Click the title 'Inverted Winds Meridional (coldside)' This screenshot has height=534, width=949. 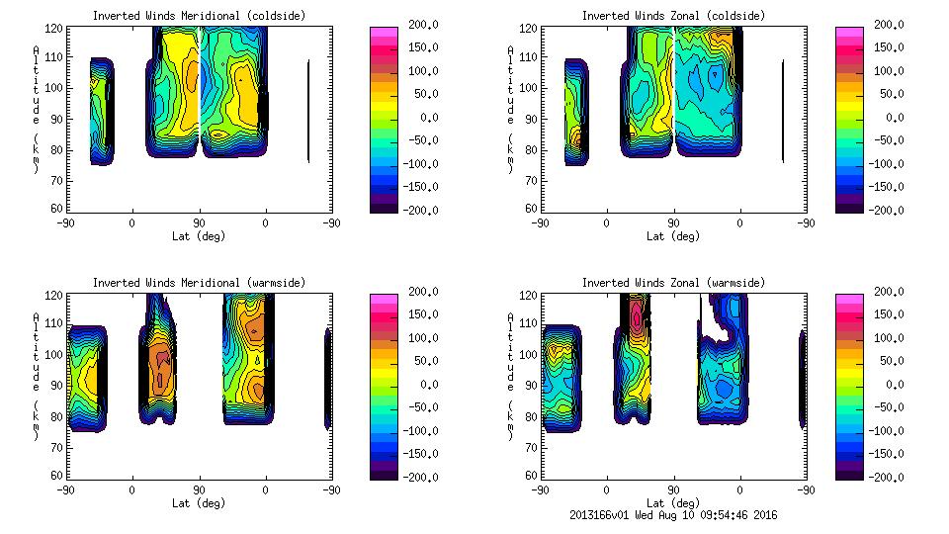[x=199, y=15]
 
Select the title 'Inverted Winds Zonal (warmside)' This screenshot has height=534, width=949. [x=673, y=283]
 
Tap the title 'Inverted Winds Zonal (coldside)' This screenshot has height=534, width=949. [x=673, y=15]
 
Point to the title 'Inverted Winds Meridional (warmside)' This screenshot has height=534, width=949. [x=199, y=283]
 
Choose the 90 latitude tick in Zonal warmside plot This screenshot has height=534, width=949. [x=673, y=489]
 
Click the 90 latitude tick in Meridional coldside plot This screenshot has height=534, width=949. [x=199, y=222]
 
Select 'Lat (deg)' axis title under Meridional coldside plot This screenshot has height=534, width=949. [x=199, y=235]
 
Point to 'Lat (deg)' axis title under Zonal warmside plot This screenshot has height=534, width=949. [x=673, y=502]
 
